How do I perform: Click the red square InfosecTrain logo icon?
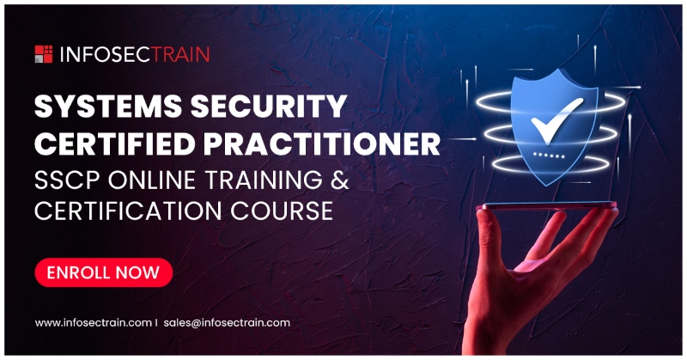[x=44, y=54]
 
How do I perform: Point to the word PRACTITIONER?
[x=322, y=143]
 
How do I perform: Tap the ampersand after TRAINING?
[x=339, y=180]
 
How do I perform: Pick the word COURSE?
[x=282, y=211]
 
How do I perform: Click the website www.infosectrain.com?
[x=94, y=323]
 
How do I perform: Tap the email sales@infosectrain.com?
[x=227, y=323]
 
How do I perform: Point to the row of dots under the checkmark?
[x=549, y=156]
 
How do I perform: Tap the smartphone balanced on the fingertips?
[x=546, y=205]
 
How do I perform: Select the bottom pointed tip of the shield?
[x=547, y=186]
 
